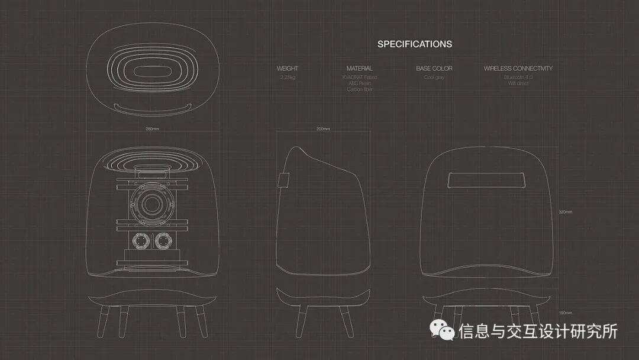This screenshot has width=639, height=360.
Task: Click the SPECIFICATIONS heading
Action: pyautogui.click(x=415, y=44)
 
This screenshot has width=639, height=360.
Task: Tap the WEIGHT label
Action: pyautogui.click(x=288, y=69)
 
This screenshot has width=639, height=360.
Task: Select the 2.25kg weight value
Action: pyautogui.click(x=288, y=77)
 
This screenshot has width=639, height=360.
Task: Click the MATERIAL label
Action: pyautogui.click(x=360, y=69)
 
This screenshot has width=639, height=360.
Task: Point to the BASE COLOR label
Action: pyautogui.click(x=434, y=69)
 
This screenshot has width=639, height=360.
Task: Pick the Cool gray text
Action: pyautogui.click(x=434, y=77)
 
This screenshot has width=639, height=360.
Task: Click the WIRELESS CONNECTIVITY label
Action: pyautogui.click(x=518, y=69)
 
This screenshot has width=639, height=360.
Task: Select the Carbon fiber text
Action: pyautogui.click(x=360, y=89)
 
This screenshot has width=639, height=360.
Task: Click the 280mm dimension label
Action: pyautogui.click(x=152, y=128)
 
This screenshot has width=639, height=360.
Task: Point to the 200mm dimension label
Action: pyautogui.click(x=323, y=128)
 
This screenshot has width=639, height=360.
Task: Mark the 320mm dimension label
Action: pyautogui.click(x=565, y=212)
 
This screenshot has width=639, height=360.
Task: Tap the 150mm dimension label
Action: pyautogui.click(x=565, y=312)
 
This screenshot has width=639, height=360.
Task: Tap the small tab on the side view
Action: pyautogui.click(x=282, y=179)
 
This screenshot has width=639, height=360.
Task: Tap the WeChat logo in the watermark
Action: pyautogui.click(x=443, y=330)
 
